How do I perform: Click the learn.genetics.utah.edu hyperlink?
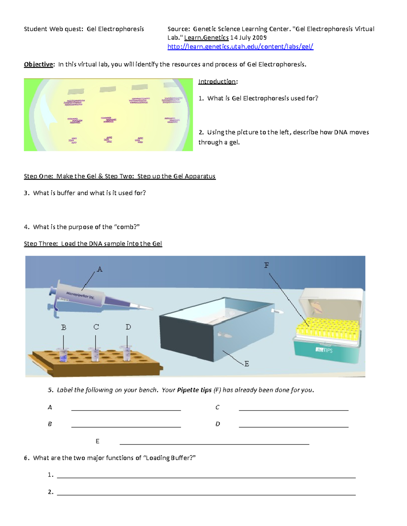(240, 47)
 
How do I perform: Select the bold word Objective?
(38, 64)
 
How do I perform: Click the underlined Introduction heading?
(217, 82)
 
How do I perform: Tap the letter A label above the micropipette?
(99, 269)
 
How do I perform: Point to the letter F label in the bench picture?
(267, 265)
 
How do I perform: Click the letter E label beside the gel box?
(247, 364)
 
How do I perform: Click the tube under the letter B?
(63, 355)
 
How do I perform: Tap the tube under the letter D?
(127, 353)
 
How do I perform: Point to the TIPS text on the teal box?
(325, 350)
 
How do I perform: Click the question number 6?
(26, 458)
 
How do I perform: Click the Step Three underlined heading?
(93, 244)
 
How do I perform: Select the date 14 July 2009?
(248, 38)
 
